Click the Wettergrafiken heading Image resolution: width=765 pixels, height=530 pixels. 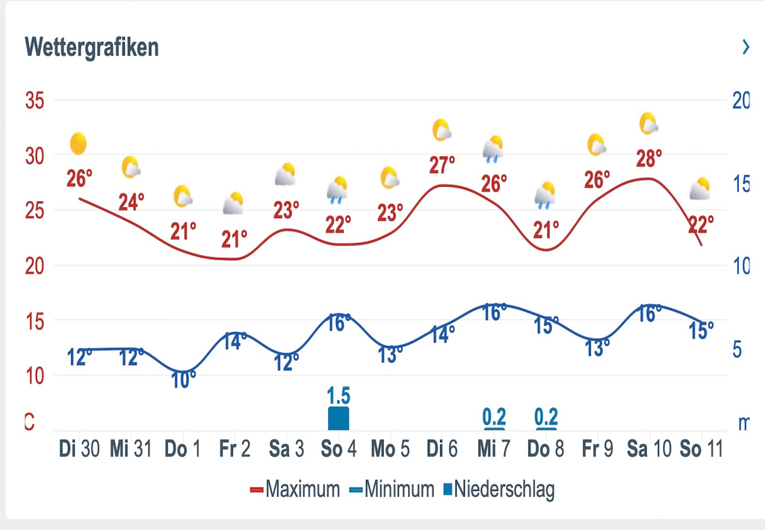92,47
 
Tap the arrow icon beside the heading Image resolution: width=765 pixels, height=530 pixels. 745,47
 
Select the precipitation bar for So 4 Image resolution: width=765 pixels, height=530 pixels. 338,418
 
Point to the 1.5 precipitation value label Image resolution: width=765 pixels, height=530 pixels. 338,395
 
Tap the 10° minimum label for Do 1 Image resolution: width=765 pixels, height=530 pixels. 184,380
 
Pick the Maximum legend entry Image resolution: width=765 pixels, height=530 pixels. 294,490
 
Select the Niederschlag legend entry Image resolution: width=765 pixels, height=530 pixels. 499,490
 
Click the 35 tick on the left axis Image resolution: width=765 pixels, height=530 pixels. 35,100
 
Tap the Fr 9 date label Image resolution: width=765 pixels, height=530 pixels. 597,449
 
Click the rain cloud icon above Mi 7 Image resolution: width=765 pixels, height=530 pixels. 493,149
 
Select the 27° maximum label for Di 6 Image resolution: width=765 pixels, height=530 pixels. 442,165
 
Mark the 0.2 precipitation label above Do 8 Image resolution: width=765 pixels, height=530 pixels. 547,416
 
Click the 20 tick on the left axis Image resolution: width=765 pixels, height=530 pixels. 35,265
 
